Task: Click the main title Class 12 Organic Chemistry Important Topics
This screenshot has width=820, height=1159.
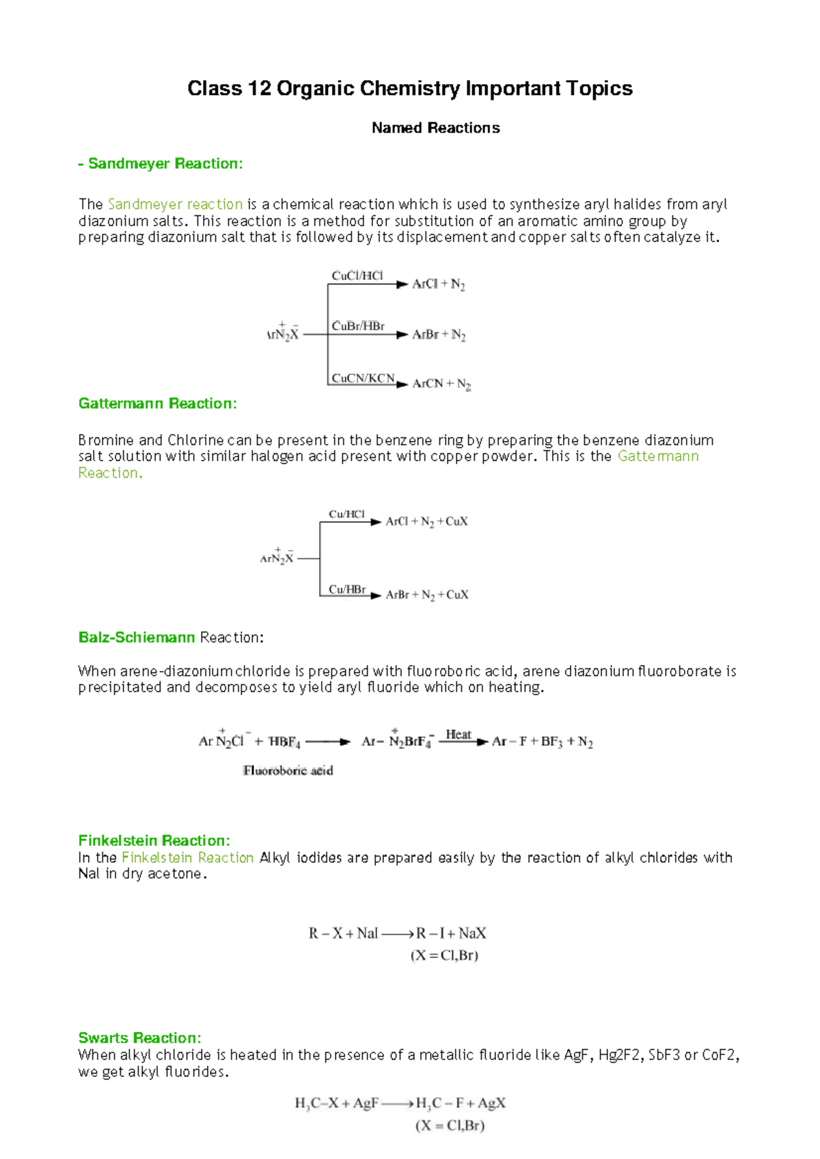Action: tap(410, 89)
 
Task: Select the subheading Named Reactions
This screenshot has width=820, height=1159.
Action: tap(435, 128)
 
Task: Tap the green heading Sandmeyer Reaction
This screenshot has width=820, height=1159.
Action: tap(161, 164)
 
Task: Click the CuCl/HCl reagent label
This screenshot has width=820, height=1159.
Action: tap(357, 276)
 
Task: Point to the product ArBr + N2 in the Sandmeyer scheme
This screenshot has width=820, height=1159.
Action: tap(439, 335)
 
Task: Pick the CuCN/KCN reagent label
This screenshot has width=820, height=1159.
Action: tap(363, 379)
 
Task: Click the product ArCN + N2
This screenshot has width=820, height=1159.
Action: tap(441, 384)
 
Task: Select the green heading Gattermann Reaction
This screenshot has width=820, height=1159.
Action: tap(158, 404)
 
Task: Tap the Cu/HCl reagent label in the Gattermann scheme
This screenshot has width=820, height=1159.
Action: tap(346, 515)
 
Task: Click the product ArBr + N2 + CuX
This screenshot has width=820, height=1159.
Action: tap(427, 595)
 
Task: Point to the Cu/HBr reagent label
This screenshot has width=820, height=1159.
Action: tap(347, 590)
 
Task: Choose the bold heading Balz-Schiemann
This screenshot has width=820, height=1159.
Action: tap(137, 638)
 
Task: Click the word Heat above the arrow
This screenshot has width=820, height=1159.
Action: tap(458, 735)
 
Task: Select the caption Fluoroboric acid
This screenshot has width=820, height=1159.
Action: tap(288, 771)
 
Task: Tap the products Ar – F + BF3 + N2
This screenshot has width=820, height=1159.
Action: tap(543, 742)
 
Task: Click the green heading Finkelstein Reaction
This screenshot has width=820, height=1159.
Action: tap(154, 841)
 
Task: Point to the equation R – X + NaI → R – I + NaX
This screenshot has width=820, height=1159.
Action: tap(397, 933)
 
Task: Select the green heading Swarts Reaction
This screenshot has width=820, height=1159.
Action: tap(139, 1038)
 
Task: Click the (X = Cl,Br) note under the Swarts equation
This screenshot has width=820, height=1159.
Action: tap(450, 1126)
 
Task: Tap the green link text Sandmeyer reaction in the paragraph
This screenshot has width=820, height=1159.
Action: tap(176, 204)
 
